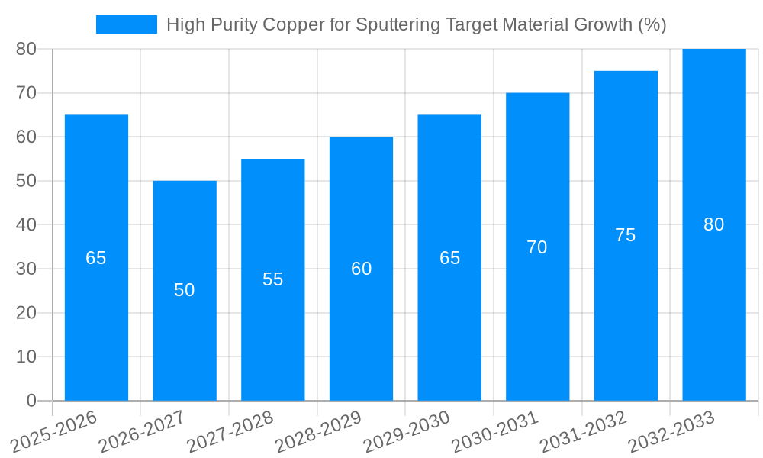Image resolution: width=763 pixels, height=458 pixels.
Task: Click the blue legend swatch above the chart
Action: [x=126, y=24]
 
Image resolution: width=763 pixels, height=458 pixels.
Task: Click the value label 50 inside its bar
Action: [x=185, y=290]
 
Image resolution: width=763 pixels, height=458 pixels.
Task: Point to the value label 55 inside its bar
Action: [x=273, y=279]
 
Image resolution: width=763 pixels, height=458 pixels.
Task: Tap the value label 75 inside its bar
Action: [x=626, y=235]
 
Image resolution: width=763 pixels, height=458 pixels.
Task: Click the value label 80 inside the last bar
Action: [x=714, y=224]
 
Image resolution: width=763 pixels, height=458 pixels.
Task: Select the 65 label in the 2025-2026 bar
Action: [x=96, y=258]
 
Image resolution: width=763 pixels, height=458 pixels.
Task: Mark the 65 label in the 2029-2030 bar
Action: [x=450, y=258]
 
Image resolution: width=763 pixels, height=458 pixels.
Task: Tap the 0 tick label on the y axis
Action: [x=31, y=401]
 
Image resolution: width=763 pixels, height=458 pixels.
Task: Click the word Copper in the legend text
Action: [x=291, y=24]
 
